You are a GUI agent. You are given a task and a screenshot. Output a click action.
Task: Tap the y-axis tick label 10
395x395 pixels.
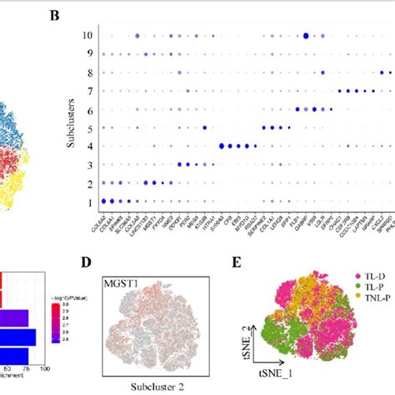[86, 36]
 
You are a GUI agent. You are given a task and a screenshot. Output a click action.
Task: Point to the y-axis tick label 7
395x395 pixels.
[87, 91]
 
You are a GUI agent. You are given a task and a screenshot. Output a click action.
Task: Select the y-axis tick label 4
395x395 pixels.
[87, 146]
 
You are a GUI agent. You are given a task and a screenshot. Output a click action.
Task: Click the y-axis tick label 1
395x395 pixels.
[87, 201]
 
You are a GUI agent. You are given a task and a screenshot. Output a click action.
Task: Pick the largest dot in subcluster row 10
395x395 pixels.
[307, 36]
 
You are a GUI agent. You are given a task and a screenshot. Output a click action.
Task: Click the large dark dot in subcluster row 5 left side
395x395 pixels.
[205, 127]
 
